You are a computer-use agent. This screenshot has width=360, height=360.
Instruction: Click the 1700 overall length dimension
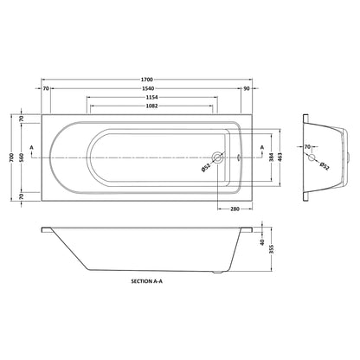147,80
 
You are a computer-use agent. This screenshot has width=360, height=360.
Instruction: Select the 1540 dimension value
148,88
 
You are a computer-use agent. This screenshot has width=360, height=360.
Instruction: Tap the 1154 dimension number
152,98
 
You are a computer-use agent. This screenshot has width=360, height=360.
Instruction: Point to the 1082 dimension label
152,106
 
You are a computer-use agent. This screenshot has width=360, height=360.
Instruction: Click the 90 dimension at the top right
247,88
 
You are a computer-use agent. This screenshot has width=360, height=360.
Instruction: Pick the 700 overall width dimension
11,157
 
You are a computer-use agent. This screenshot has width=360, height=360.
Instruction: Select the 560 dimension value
22,157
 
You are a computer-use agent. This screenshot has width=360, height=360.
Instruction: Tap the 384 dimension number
271,157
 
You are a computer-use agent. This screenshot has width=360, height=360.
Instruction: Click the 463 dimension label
280,157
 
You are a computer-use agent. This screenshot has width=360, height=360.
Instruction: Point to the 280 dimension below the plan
235,209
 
